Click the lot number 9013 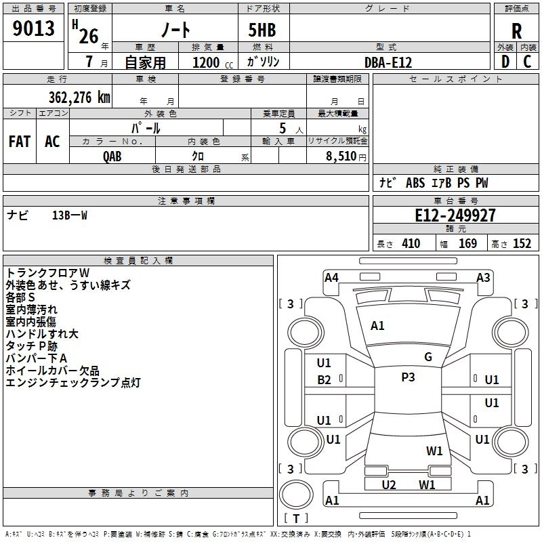click(33, 28)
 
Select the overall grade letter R click(516, 31)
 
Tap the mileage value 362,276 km click(79, 98)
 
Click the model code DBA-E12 click(388, 62)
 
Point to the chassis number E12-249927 click(455, 215)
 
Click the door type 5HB click(262, 30)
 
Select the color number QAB click(112, 157)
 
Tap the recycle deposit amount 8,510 click(341, 156)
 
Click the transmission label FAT click(20, 142)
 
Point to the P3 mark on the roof click(408, 377)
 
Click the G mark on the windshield click(428, 357)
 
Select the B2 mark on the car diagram click(324, 380)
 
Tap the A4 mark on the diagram click(331, 278)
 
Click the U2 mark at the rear click(389, 485)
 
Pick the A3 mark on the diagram click(483, 278)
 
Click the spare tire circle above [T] click(296, 495)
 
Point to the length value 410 click(411, 244)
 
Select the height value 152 click(522, 244)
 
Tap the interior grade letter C click(527, 62)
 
